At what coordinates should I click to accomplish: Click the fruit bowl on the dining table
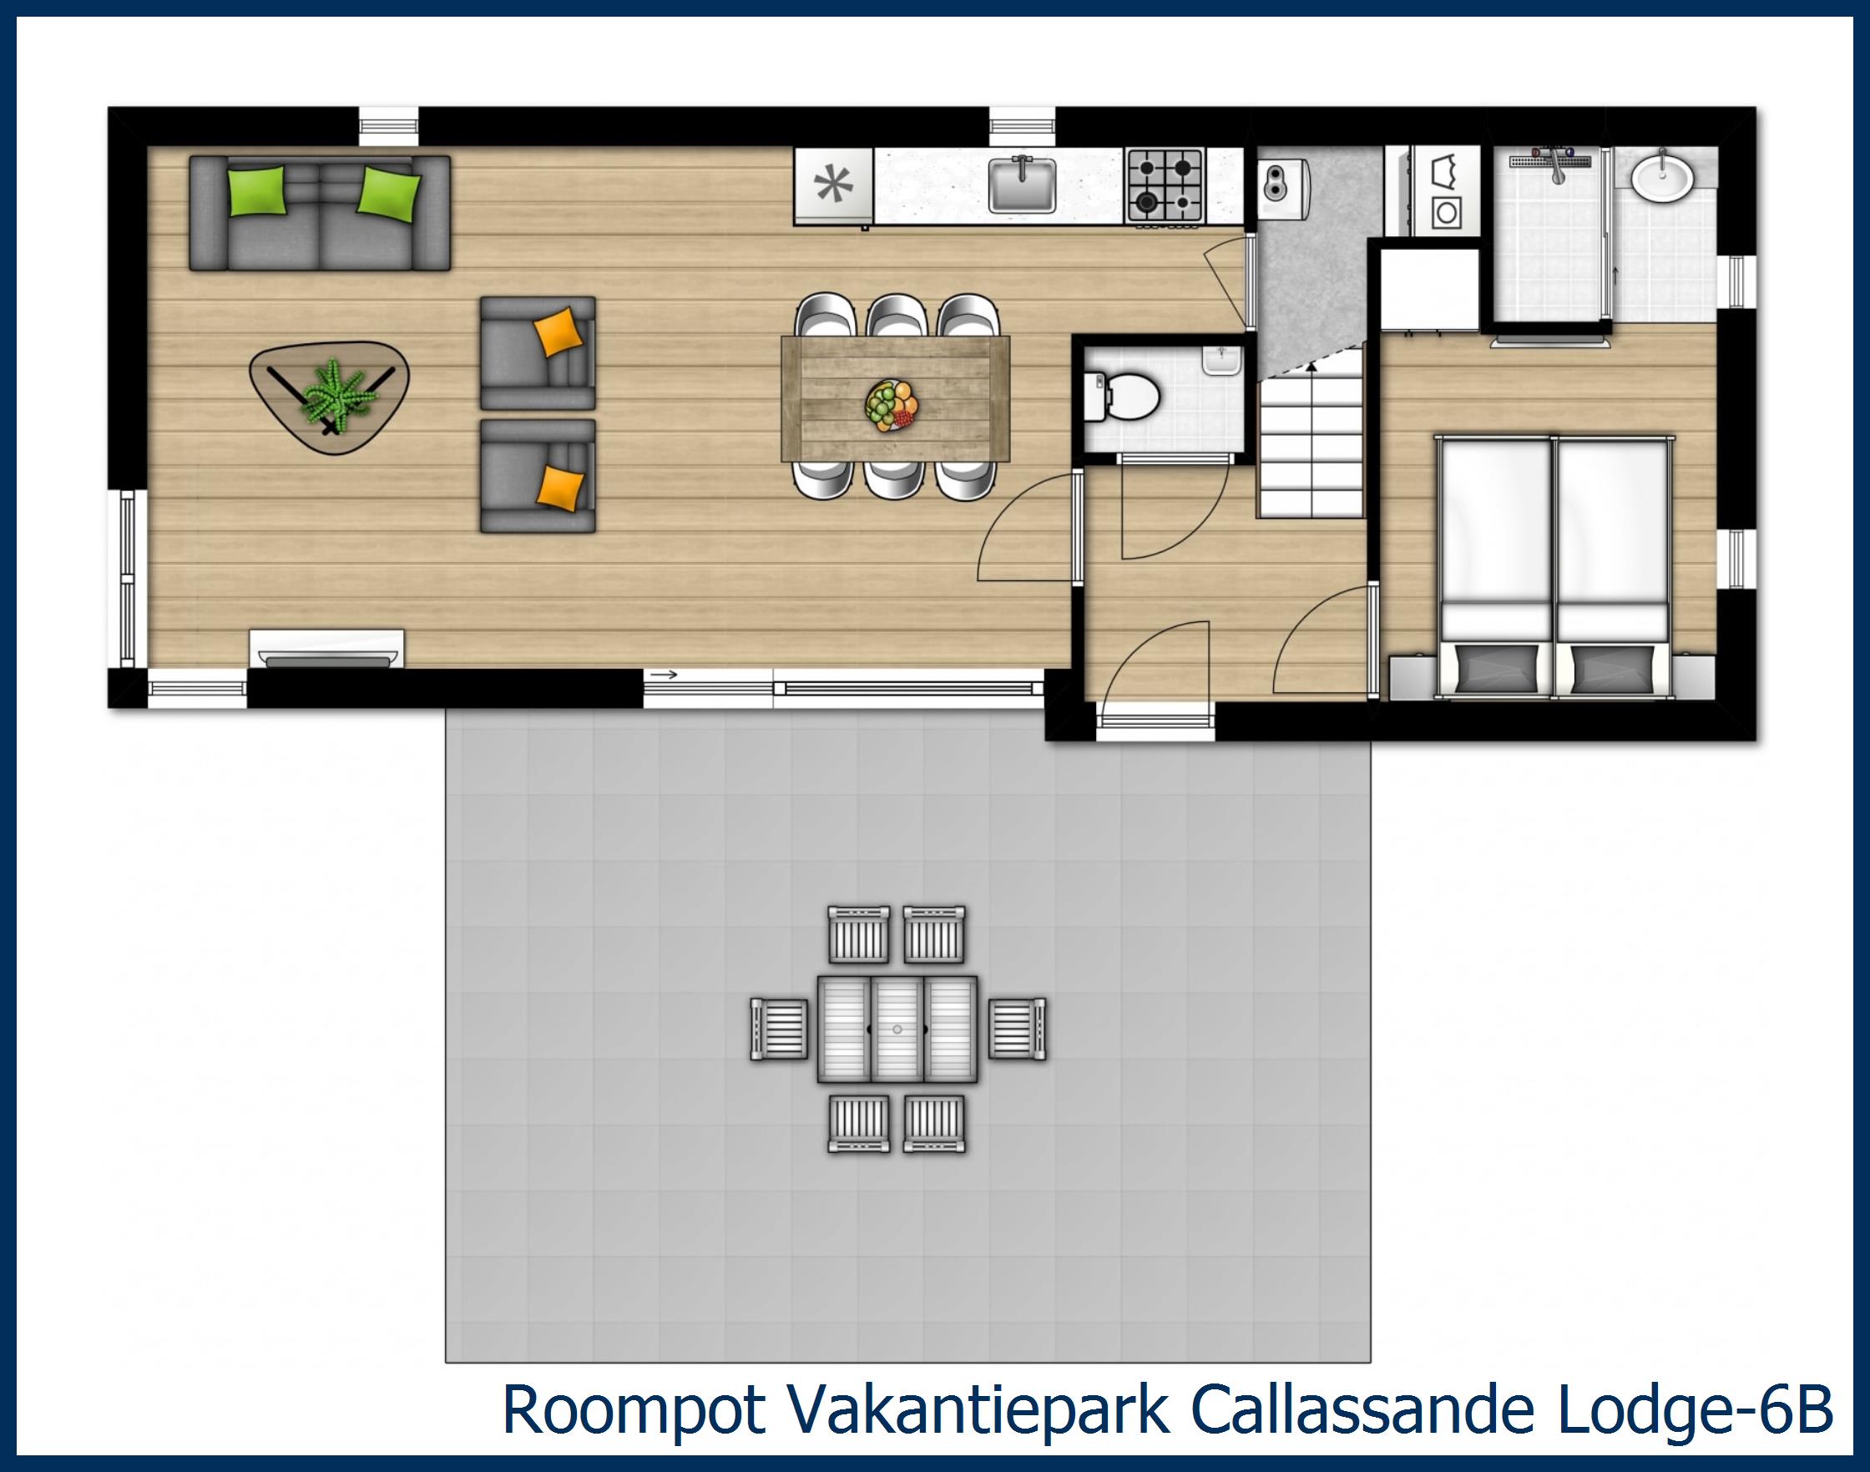tap(892, 404)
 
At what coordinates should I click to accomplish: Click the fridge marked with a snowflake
tap(833, 185)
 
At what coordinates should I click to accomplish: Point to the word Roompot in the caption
tap(634, 1410)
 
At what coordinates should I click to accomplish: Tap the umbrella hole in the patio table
tap(897, 1029)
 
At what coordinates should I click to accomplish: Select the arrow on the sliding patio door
tap(663, 674)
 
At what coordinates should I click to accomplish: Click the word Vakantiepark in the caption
tap(978, 1410)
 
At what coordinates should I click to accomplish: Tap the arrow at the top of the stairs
tap(1311, 367)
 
